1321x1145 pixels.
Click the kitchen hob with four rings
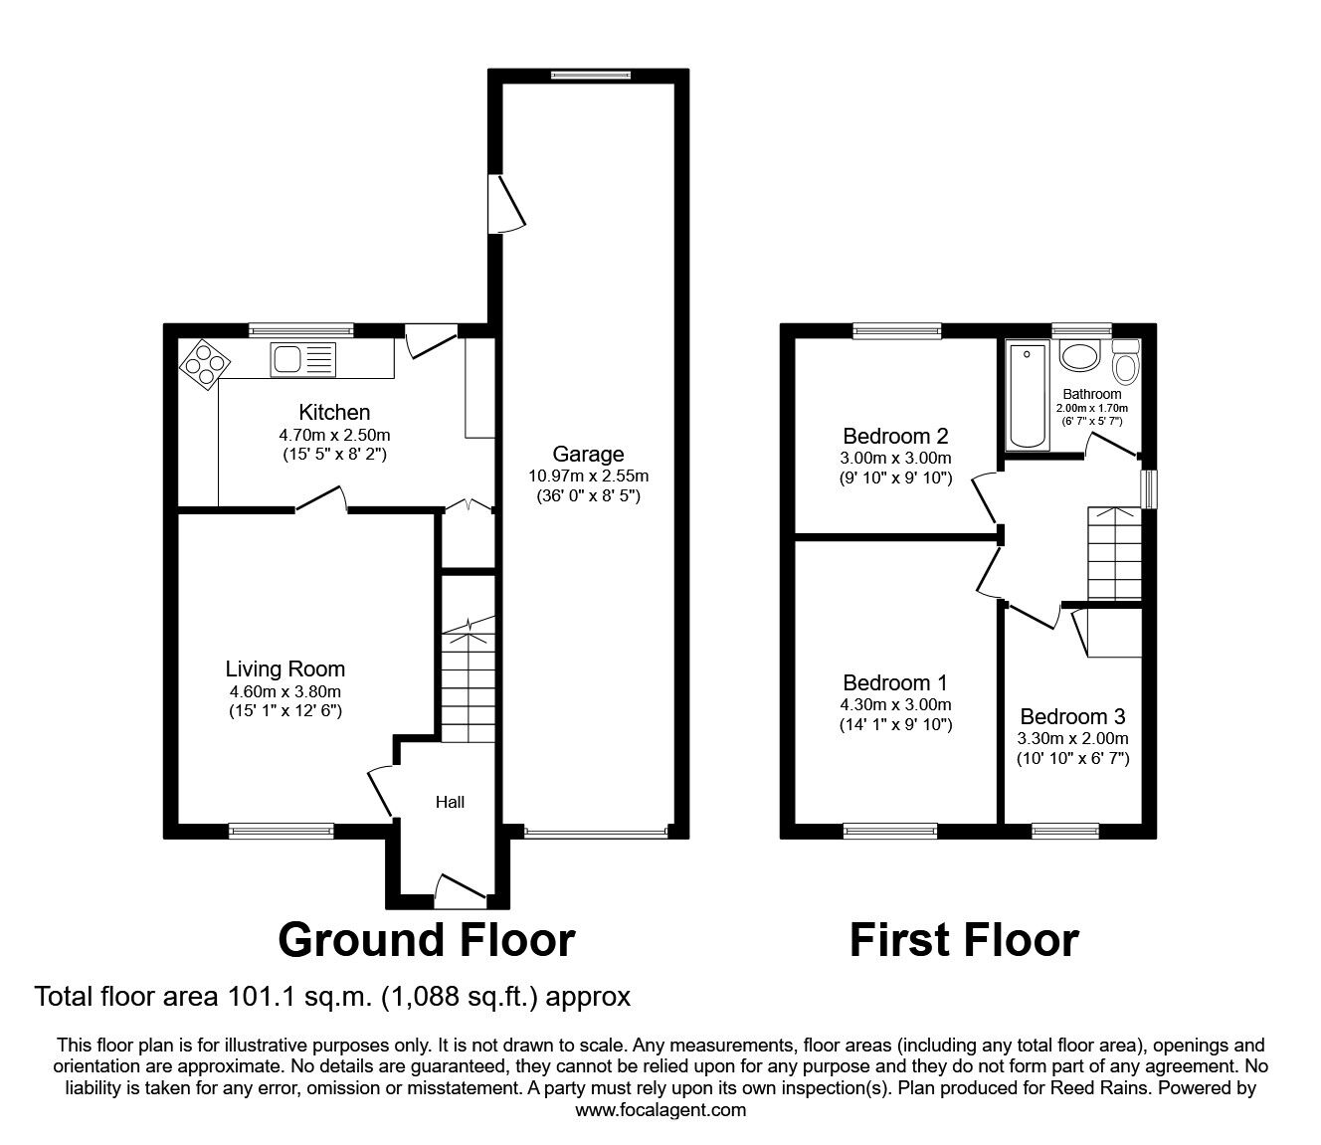(205, 364)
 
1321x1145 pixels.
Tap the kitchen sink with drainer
(303, 359)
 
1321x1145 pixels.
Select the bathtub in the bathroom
(1028, 395)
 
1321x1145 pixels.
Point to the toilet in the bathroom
(1126, 362)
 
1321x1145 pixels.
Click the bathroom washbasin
(1080, 355)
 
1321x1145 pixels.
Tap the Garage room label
(588, 454)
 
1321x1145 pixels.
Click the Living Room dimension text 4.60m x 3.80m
(285, 691)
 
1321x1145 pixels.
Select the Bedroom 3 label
(1072, 716)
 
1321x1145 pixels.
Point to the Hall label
(450, 802)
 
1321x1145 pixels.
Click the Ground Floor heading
(427, 940)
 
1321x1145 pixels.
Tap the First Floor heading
(964, 940)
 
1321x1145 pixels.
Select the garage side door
(506, 203)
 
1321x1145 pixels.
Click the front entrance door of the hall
(461, 890)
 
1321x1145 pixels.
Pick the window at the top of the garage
(592, 76)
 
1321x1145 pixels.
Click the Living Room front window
(282, 831)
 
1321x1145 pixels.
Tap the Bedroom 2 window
(897, 330)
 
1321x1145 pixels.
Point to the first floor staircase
(1114, 554)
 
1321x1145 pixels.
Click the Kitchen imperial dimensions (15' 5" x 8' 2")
(334, 455)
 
